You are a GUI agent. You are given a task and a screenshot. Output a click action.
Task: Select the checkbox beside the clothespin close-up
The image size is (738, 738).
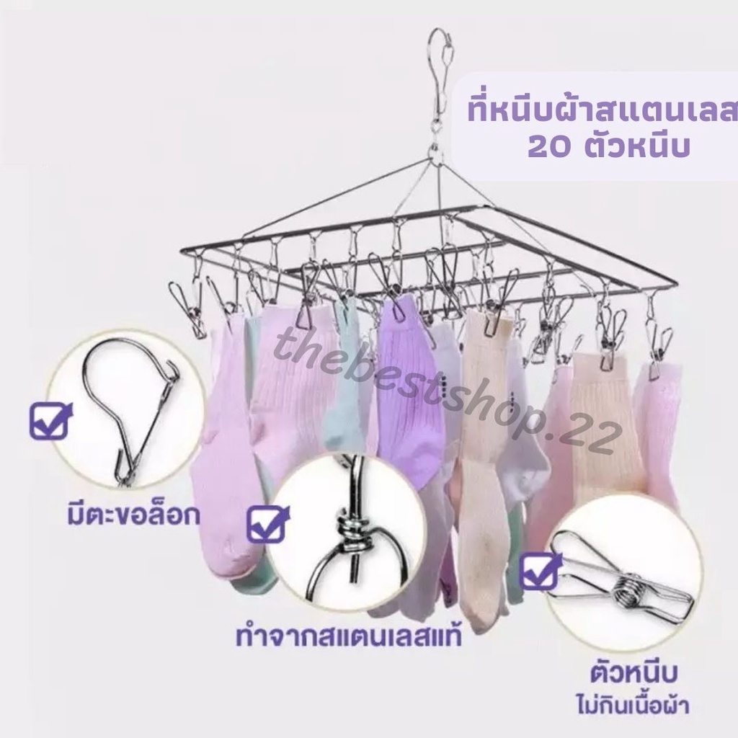[540, 570]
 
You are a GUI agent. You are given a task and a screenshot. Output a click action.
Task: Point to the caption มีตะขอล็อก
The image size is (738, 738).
[133, 515]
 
